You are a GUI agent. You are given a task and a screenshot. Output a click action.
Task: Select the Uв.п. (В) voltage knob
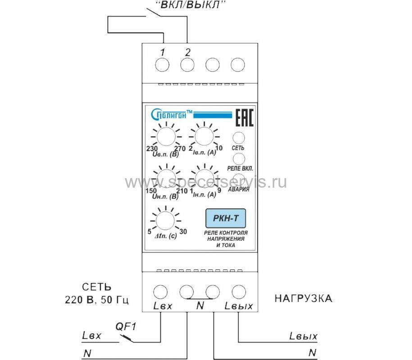click(165, 135)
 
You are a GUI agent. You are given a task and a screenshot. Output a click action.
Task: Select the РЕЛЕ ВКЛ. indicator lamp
click(239, 158)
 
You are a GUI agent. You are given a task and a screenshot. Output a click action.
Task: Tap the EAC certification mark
click(245, 117)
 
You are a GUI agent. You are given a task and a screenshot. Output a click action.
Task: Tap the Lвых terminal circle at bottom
click(238, 291)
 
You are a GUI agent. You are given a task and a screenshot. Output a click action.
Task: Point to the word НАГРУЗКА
click(303, 299)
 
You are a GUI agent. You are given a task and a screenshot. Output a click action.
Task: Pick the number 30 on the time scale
click(183, 231)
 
